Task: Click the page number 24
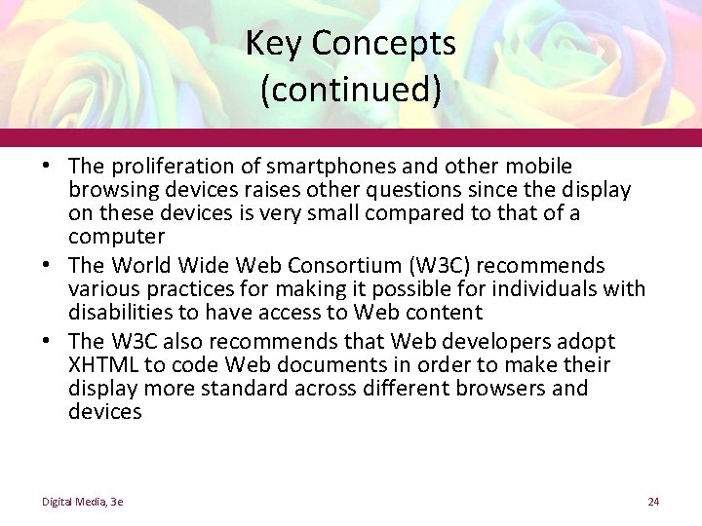653,502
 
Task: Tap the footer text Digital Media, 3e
82,502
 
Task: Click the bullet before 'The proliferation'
47,168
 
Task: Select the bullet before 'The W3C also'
47,342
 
